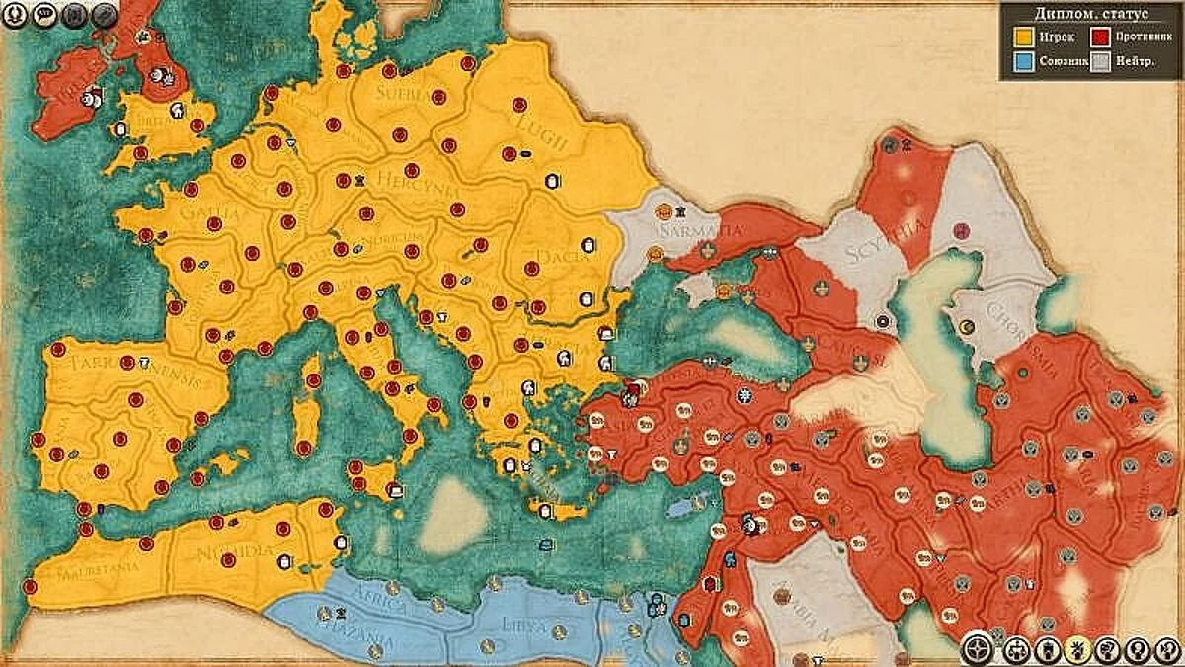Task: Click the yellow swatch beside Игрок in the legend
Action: point(1023,38)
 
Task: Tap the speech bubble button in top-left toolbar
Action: point(44,15)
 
